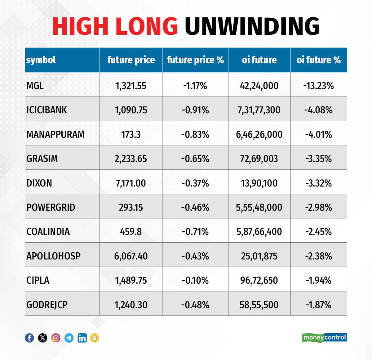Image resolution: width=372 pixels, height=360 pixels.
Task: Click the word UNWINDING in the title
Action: coord(252,26)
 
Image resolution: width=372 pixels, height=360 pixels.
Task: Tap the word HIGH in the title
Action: coord(82,26)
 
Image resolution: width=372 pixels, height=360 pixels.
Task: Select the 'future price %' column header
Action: coord(195,60)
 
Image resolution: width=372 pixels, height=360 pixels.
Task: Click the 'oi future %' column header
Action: coord(318,60)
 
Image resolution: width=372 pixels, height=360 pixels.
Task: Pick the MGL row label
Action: coord(35,85)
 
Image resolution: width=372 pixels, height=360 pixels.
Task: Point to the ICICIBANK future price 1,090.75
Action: coord(131,110)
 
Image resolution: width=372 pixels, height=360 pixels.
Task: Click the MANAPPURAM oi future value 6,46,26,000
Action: coord(259,134)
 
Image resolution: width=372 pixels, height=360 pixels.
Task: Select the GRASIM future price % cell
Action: coord(195,159)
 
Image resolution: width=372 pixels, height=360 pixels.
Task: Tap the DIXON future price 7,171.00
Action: coord(131,183)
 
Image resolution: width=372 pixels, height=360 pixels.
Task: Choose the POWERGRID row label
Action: coord(51,207)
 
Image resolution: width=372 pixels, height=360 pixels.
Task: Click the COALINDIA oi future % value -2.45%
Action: coord(318,232)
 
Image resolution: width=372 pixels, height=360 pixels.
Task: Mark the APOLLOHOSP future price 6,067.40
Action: coord(131,256)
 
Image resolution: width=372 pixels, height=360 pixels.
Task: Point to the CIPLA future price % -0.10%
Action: coord(195,280)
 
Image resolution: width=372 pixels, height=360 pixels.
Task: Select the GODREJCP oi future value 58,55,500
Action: coord(259,305)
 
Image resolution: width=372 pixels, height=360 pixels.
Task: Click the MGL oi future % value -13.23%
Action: coord(318,85)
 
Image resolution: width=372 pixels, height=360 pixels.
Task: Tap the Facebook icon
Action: coord(29,338)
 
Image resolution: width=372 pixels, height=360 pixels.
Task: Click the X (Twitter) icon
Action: coord(42,338)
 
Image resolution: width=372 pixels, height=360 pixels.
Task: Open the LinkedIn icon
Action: coord(82,338)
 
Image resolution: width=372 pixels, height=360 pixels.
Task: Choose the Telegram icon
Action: coord(69,338)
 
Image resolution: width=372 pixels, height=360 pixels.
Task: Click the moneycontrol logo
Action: coord(324,338)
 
